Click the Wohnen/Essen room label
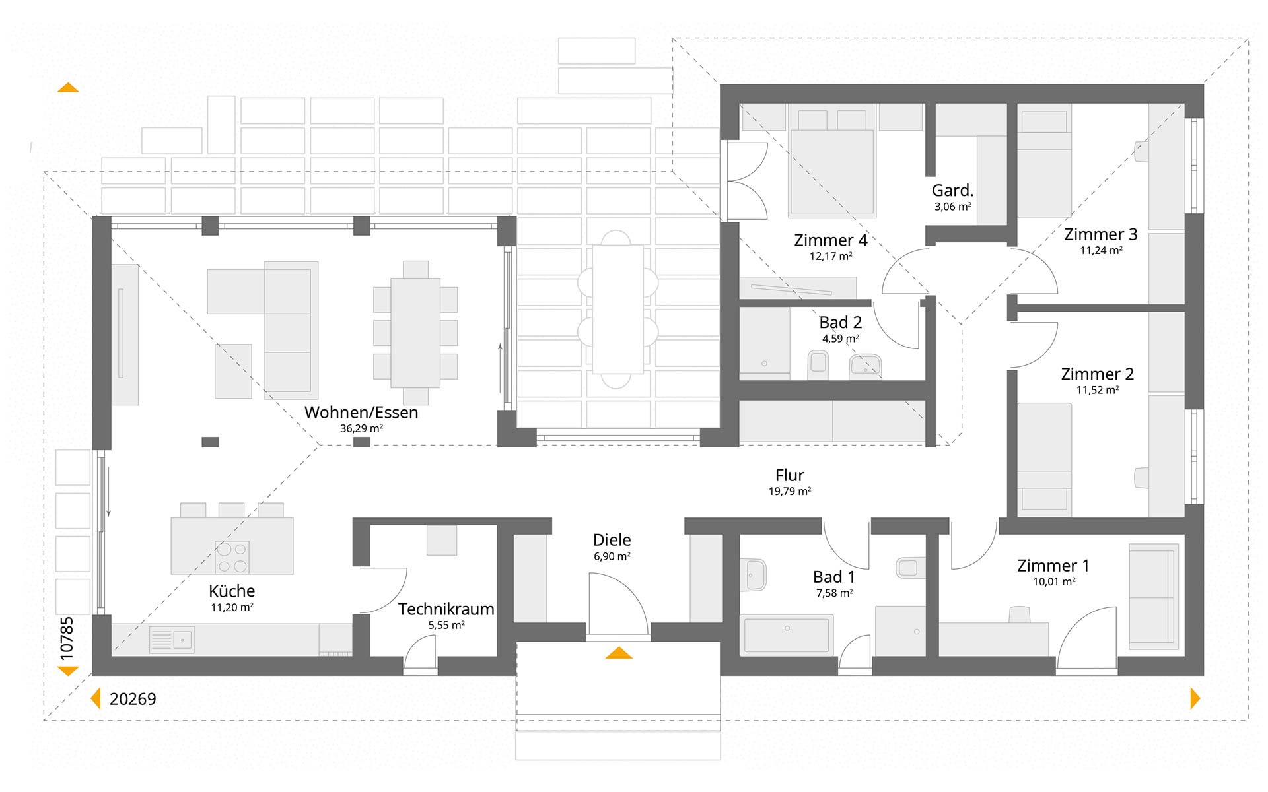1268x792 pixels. pos(361,412)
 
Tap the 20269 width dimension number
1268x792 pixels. pos(133,699)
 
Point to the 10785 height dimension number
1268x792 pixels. pos(67,638)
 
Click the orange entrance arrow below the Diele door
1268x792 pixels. pos(619,653)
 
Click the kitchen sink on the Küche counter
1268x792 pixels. pos(172,639)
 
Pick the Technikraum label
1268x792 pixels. pos(446,609)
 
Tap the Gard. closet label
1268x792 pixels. pos(952,191)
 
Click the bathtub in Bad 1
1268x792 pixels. pos(787,634)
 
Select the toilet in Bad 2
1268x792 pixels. pos(818,365)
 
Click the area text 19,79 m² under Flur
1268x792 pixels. pos(790,492)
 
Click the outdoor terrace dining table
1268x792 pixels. pos(617,309)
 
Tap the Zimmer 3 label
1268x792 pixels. pos(1100,234)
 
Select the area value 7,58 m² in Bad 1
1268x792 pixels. pos(834,593)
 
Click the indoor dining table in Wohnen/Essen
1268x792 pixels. pos(415,333)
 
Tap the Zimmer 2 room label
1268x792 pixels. pos(1097,374)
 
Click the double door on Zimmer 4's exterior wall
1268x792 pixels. pos(746,181)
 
